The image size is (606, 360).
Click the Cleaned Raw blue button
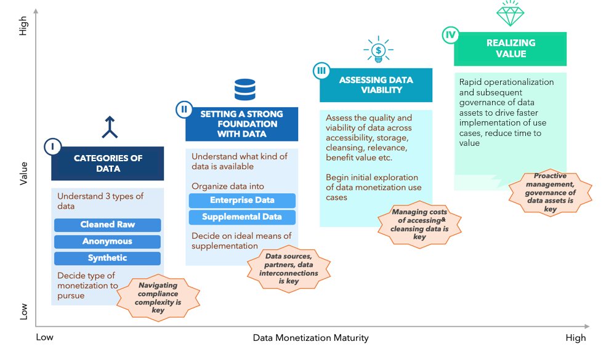(107, 225)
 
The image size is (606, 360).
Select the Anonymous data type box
(107, 241)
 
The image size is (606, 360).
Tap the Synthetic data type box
(107, 258)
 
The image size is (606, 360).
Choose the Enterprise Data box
(242, 201)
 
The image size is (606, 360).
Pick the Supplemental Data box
(242, 217)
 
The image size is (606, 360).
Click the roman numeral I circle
(52, 147)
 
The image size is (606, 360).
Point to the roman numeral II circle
(184, 110)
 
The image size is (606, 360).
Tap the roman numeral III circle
(321, 71)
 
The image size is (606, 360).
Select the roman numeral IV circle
(451, 35)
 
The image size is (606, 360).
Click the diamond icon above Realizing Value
(510, 14)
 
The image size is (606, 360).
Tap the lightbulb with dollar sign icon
(378, 49)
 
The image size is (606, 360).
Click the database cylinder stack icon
(245, 90)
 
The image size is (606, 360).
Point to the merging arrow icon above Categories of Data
(110, 127)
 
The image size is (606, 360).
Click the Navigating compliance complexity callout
(158, 297)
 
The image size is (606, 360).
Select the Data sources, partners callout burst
(289, 268)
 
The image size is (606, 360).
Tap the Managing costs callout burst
(419, 225)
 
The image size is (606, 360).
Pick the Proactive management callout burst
(551, 193)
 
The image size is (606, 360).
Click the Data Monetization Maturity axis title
(311, 338)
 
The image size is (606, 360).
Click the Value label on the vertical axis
(23, 174)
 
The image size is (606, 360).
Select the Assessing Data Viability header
(376, 85)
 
